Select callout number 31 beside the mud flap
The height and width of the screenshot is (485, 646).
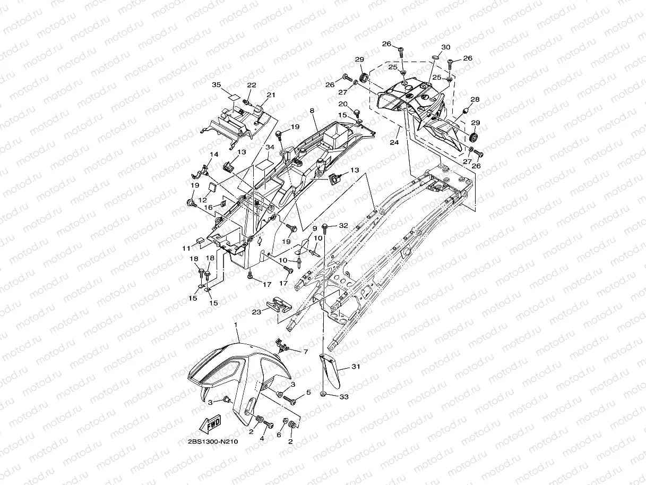pos(356,367)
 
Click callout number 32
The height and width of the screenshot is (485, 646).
pos(343,226)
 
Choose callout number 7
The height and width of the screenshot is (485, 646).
pos(305,351)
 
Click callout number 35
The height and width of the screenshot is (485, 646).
pos(216,85)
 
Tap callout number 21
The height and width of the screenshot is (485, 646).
pos(271,95)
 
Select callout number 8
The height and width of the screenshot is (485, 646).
pos(312,111)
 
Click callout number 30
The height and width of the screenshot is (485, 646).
pos(446,47)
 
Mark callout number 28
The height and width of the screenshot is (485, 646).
pos(475,99)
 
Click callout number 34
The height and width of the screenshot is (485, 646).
pos(270,147)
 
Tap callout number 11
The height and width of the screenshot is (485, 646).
pos(186,248)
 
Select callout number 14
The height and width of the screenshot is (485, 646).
pos(214,155)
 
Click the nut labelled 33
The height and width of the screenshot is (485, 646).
pos(323,395)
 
